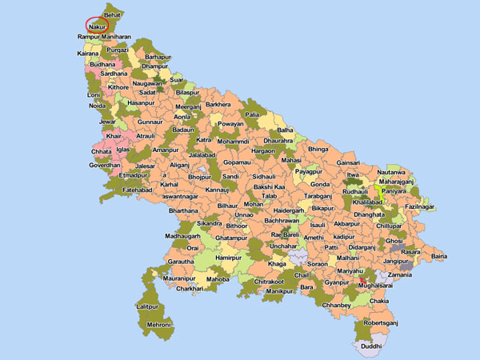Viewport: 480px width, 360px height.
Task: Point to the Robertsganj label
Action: point(380,323)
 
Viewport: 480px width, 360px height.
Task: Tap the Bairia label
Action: point(439,257)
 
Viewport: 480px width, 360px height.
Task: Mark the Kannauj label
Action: point(217,190)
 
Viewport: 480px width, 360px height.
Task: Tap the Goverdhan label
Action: point(105,165)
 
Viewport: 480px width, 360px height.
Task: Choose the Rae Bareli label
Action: point(286,234)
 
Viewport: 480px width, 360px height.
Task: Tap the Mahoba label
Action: point(218,280)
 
